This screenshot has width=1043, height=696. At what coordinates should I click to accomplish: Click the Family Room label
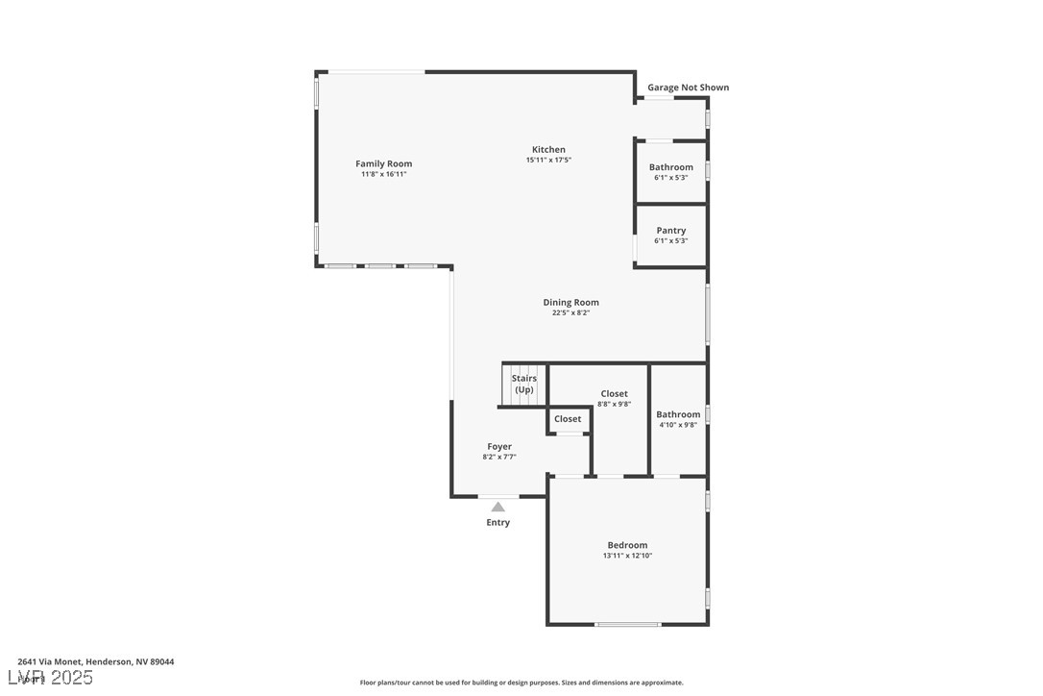point(383,164)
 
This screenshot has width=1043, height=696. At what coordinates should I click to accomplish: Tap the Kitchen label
point(548,150)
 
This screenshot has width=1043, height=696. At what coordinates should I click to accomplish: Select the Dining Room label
point(570,303)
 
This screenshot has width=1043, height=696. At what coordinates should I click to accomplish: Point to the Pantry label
point(670,231)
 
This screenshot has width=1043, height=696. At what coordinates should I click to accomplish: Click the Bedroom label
point(627,545)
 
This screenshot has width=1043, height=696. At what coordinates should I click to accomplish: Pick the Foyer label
point(499,447)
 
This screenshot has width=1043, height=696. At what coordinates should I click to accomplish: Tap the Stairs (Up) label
point(523,384)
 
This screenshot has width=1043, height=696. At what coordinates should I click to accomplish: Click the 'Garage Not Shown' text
point(688,87)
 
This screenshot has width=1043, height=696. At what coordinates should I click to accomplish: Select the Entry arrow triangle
point(497,507)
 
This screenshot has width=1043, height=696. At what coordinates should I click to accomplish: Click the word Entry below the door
point(497,523)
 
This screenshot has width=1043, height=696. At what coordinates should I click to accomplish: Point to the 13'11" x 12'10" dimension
point(627,556)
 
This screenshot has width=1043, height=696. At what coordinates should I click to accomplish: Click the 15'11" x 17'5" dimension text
point(548,161)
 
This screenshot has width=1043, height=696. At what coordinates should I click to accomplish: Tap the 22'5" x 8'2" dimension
point(570,313)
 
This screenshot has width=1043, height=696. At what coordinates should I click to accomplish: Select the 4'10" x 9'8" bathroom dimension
point(678,425)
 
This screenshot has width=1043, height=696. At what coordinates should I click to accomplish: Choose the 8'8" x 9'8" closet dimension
point(614,405)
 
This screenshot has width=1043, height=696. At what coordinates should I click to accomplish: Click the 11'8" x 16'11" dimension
point(383,175)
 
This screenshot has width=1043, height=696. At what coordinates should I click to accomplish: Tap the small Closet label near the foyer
point(568,419)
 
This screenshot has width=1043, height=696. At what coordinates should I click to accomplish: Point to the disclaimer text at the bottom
point(521,683)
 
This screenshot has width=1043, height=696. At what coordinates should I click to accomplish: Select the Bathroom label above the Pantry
point(670,167)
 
